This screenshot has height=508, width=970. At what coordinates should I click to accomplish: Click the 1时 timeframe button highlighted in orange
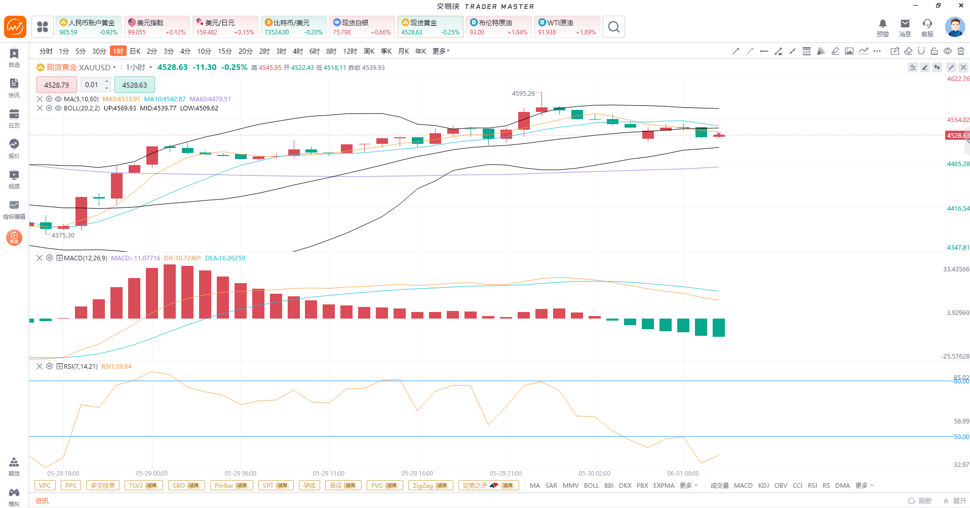(x=118, y=51)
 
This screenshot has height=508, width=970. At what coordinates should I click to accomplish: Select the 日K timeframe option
(x=135, y=51)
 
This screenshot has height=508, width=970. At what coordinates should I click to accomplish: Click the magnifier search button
(x=614, y=27)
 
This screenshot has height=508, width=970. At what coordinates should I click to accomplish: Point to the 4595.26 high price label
(x=523, y=93)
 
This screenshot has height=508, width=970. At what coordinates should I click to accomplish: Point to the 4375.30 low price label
(x=63, y=235)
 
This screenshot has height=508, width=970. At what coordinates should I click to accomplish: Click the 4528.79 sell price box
(x=57, y=85)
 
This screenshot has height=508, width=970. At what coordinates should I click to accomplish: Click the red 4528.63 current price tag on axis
(x=958, y=136)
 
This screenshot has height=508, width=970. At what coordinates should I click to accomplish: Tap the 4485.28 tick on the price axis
(x=958, y=164)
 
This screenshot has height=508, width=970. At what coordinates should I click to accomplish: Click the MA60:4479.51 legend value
(x=210, y=99)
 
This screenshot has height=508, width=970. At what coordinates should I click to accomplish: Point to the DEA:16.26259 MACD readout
(x=225, y=258)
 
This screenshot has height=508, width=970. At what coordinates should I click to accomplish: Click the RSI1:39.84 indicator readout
(x=117, y=367)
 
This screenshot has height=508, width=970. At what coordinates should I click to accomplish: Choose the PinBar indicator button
(x=231, y=485)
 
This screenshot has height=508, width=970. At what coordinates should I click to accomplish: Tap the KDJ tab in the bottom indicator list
(x=763, y=485)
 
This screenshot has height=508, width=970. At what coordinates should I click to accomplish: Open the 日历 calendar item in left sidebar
(x=14, y=118)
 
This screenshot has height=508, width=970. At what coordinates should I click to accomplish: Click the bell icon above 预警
(x=883, y=23)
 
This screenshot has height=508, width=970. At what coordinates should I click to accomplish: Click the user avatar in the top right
(x=955, y=27)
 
